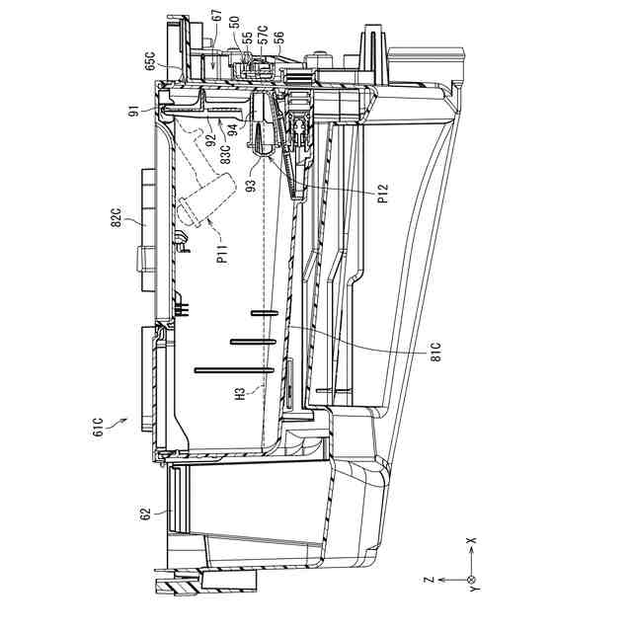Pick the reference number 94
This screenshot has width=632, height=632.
click(x=231, y=126)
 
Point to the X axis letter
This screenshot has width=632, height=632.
click(x=471, y=542)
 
